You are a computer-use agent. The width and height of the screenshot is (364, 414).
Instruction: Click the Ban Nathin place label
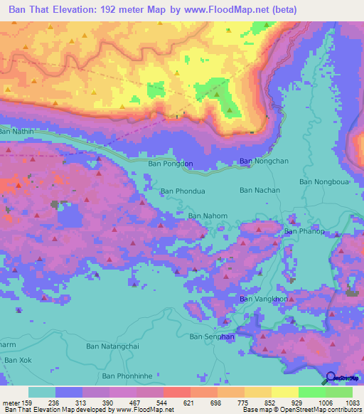click(x=17, y=131)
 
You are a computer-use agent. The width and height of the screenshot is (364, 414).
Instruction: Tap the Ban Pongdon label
click(x=170, y=164)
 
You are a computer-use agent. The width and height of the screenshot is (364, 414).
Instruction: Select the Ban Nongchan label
click(x=264, y=161)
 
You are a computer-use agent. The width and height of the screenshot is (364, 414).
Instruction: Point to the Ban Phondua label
click(x=183, y=191)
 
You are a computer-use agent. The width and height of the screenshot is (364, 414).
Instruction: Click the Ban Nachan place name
click(x=259, y=190)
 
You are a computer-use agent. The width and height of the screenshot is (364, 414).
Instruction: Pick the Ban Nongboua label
click(x=325, y=181)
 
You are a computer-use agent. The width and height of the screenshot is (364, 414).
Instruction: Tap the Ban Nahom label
click(x=208, y=216)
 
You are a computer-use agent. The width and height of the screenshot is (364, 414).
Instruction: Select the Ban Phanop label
click(x=304, y=231)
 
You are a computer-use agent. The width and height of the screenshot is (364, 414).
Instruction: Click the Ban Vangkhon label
click(x=264, y=299)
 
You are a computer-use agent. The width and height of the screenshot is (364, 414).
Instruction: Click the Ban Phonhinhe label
click(x=128, y=376)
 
